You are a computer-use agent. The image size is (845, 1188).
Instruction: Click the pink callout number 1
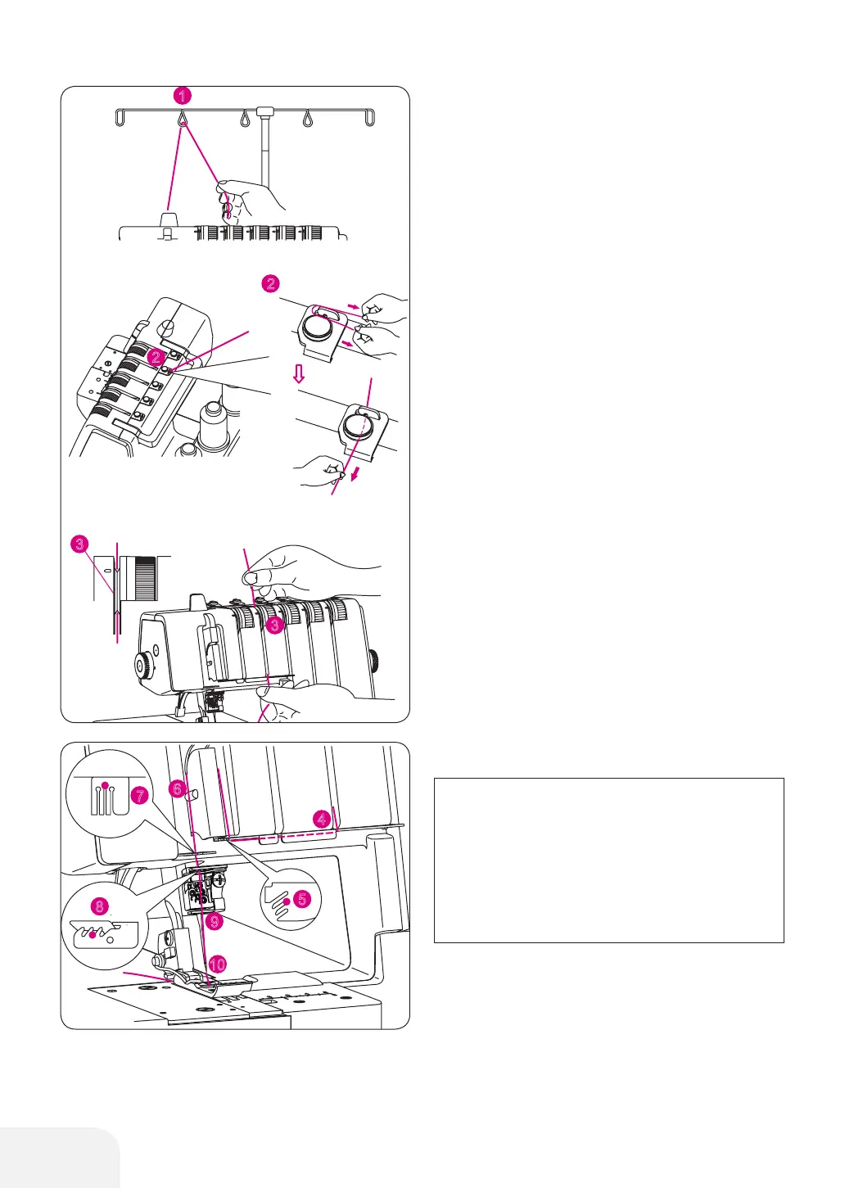click(x=183, y=96)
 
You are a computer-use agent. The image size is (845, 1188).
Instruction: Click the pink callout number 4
click(x=323, y=818)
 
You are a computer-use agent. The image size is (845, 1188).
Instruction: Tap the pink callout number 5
click(x=302, y=899)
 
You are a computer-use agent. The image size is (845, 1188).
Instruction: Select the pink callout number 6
click(x=176, y=789)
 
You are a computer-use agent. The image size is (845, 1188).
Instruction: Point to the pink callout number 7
click(x=140, y=795)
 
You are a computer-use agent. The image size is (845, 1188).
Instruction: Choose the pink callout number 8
click(x=100, y=906)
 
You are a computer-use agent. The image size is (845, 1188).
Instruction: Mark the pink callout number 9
click(x=214, y=922)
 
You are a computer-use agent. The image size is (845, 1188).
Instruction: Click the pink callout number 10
click(x=217, y=964)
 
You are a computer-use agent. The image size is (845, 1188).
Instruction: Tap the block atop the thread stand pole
click(x=264, y=110)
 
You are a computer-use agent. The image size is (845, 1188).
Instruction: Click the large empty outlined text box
click(x=608, y=860)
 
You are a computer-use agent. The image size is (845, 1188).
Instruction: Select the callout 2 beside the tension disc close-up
click(x=270, y=284)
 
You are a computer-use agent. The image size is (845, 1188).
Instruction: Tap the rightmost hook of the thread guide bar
click(x=370, y=118)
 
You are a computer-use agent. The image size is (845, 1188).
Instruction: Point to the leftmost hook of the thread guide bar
click(x=120, y=118)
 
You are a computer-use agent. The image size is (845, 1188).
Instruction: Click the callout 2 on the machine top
click(x=156, y=357)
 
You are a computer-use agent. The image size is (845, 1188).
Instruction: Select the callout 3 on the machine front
click(x=275, y=626)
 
